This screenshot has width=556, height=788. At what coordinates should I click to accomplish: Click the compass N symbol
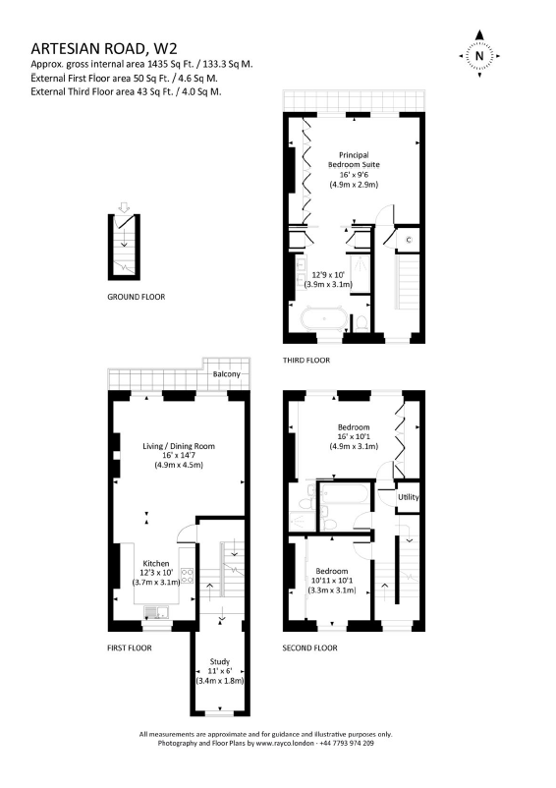coord(479,55)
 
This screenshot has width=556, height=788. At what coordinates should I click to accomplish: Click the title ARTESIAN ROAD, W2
coord(104,48)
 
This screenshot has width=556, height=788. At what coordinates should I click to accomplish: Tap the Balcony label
coord(227,374)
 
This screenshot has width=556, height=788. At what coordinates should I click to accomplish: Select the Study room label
coord(220,661)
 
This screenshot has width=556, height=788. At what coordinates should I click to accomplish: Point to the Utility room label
coord(409,497)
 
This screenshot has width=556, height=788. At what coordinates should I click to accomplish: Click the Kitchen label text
coord(156,563)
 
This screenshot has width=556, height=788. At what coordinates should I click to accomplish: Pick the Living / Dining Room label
coord(179,446)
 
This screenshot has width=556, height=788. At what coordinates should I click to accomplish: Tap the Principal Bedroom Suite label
coord(354,160)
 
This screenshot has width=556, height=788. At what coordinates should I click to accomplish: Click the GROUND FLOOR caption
coord(137,297)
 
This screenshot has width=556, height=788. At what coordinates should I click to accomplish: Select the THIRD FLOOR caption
coord(306,360)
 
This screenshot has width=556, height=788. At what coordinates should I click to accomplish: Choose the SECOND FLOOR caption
coord(309,647)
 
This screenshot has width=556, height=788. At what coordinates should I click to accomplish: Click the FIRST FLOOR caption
coord(130,647)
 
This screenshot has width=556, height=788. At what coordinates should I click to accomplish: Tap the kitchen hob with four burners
coord(188,576)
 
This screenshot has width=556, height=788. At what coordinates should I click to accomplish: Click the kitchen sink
coord(157,612)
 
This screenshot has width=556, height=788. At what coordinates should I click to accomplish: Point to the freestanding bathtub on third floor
coord(324,318)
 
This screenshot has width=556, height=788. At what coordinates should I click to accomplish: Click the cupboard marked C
coord(409,240)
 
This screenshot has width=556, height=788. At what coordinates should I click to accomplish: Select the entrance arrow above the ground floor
coord(124,207)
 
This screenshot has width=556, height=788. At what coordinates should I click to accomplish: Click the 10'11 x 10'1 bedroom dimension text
coord(332,581)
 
